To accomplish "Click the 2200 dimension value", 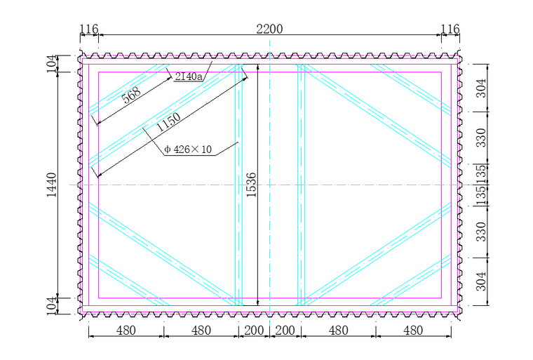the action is click(x=269, y=29).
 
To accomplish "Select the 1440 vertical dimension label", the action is click(x=51, y=185).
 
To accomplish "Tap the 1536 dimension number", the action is click(x=251, y=185).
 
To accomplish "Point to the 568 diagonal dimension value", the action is click(x=131, y=95).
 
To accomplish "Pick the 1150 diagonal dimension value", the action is click(x=168, y=122).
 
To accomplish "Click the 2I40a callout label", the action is click(x=189, y=76).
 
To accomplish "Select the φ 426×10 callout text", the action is click(x=188, y=149).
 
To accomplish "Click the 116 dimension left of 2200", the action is click(x=89, y=29).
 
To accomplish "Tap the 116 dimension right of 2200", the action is click(x=450, y=29).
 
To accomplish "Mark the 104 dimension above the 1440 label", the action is click(x=51, y=64).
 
